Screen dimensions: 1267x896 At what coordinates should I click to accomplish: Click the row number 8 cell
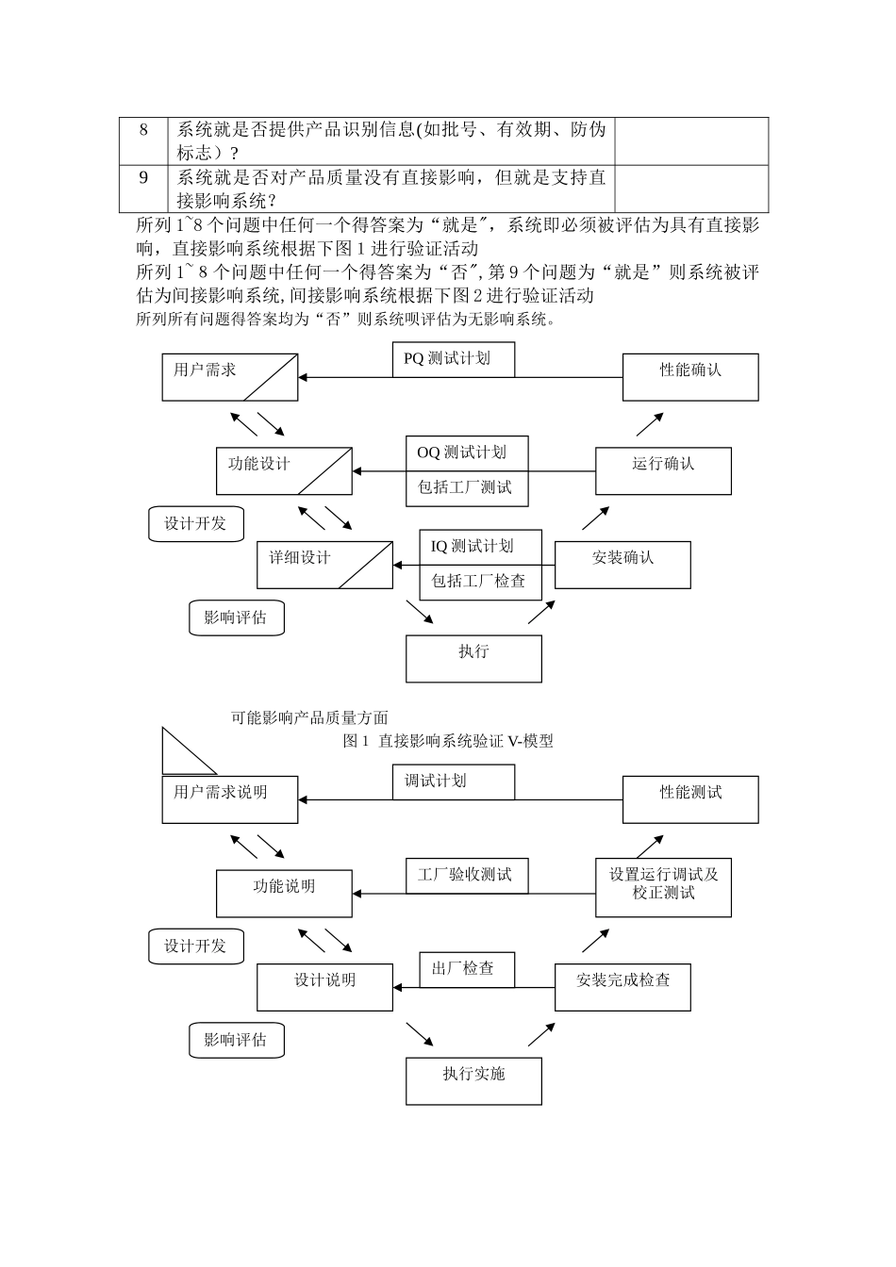pos(143,140)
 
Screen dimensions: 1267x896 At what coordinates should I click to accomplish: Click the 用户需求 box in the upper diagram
pos(229,377)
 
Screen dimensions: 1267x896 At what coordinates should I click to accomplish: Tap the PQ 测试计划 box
pos(453,359)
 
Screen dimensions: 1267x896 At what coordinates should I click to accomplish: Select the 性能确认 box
pos(690,377)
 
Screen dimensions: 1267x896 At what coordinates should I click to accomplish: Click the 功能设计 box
pos(284,470)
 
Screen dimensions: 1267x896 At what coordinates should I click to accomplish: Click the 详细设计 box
pos(324,565)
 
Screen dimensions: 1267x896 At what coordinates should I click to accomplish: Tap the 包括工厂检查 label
pos(479,582)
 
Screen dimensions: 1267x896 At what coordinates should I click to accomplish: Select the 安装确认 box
pos(622,565)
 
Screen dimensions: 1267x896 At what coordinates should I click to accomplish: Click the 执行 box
pos(473,658)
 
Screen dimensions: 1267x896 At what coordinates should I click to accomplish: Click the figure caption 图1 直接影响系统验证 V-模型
pos(448,741)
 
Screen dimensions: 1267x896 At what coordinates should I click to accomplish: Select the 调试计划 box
pos(453,782)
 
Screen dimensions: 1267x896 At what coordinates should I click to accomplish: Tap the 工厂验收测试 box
pos(466,875)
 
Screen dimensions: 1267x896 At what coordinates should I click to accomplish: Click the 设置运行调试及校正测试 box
pos(663,887)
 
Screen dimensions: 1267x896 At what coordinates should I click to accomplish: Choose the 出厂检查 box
pos(466,969)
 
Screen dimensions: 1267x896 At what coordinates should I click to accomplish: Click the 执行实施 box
pos(473,1080)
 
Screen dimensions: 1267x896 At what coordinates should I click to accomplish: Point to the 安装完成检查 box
pos(622,987)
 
